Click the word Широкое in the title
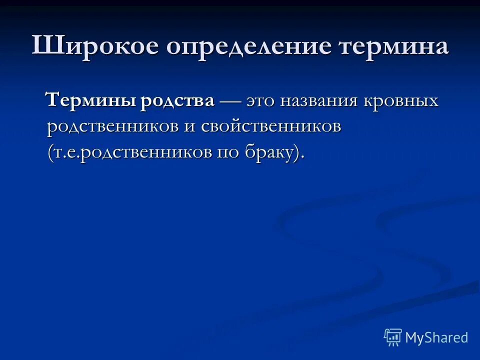tap(94, 46)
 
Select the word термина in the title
tap(393, 46)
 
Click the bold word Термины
tap(89, 101)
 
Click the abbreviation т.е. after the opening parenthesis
tap(66, 153)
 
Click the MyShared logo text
tap(436, 337)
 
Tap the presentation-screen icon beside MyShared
tap(393, 337)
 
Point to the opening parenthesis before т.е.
tap(50, 153)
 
